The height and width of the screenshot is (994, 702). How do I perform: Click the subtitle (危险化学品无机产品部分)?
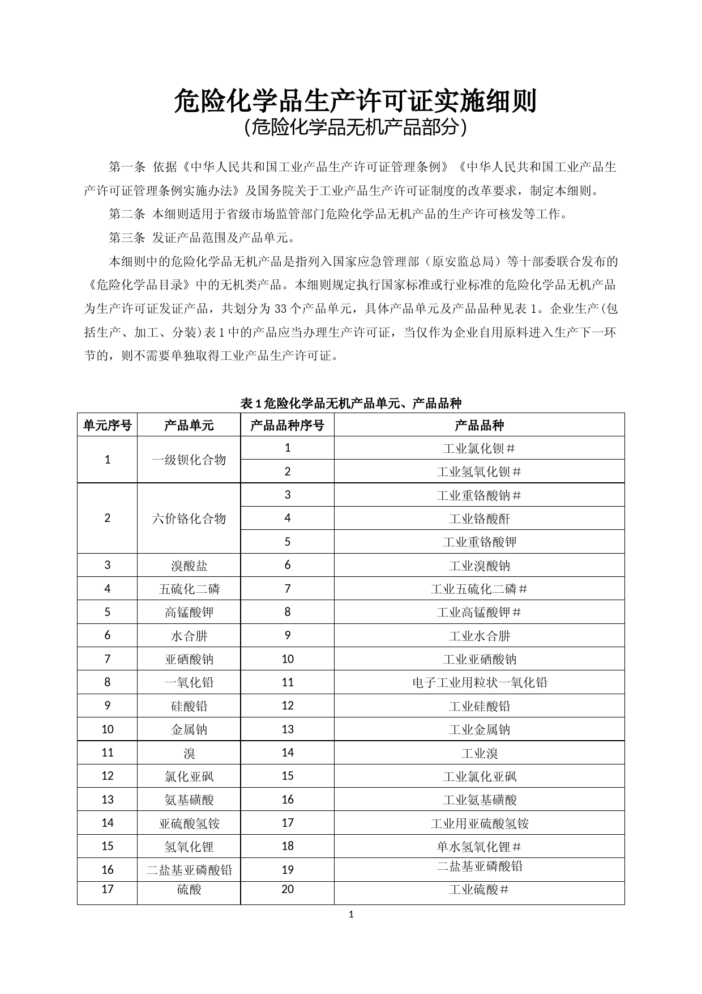(x=355, y=128)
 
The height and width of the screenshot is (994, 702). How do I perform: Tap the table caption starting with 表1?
(x=351, y=403)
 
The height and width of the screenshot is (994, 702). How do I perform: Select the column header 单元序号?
(x=107, y=425)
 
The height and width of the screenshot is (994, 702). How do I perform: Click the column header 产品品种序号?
(x=287, y=425)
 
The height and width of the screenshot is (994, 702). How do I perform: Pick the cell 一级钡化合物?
(x=189, y=460)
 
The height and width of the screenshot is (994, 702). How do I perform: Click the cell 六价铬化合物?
(x=189, y=519)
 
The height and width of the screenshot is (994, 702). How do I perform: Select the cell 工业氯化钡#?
(x=479, y=448)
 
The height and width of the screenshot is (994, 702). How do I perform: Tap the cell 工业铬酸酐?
(x=479, y=519)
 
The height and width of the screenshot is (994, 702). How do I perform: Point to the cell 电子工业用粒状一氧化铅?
(x=479, y=682)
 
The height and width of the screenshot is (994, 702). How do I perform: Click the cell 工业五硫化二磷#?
(x=479, y=589)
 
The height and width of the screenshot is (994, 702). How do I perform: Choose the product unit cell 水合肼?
(x=189, y=636)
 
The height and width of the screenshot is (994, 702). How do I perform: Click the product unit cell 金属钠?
(x=189, y=729)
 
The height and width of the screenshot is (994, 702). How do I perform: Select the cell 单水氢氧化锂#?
(x=479, y=847)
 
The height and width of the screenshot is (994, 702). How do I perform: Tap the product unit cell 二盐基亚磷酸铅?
(x=189, y=870)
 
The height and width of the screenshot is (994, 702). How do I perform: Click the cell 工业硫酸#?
(x=479, y=890)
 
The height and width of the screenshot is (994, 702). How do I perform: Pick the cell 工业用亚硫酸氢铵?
(x=479, y=823)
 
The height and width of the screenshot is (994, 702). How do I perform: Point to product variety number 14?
(x=287, y=753)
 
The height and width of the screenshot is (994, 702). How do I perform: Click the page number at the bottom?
(x=351, y=914)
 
